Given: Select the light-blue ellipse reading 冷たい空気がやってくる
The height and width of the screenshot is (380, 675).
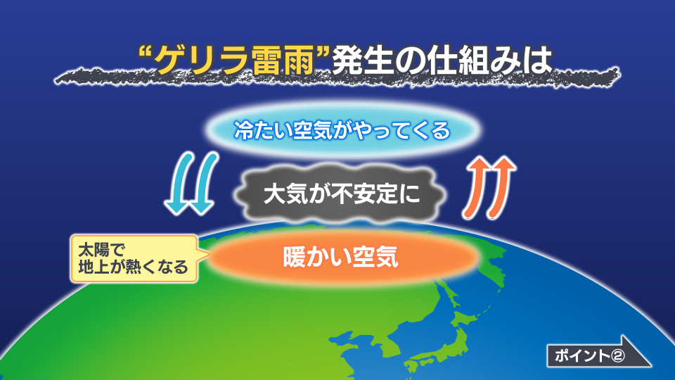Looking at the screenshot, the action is pyautogui.click(x=342, y=129).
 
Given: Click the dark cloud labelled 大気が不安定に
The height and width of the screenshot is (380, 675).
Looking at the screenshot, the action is pyautogui.click(x=342, y=194).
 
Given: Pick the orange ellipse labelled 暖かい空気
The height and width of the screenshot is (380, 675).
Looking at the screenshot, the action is pyautogui.click(x=342, y=257).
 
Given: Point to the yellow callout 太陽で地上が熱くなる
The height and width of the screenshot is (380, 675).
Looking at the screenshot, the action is pyautogui.click(x=134, y=258).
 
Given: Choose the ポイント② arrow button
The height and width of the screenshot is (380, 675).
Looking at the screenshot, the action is pyautogui.click(x=598, y=352).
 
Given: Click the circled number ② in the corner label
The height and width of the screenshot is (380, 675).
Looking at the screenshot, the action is pyautogui.click(x=617, y=356).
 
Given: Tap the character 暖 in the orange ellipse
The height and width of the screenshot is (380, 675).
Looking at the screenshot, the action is pyautogui.click(x=294, y=258).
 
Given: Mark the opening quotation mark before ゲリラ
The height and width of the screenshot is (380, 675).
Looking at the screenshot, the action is pyautogui.click(x=147, y=54).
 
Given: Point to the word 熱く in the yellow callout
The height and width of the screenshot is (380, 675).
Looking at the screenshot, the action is pyautogui.click(x=140, y=267).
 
